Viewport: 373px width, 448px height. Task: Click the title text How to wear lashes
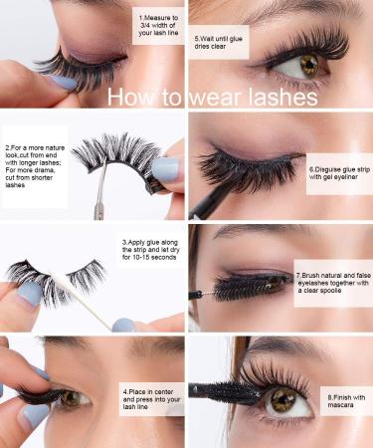(212, 98)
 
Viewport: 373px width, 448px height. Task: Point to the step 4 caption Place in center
(148, 398)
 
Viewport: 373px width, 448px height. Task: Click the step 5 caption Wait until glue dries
(220, 42)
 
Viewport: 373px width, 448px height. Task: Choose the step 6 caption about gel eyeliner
(337, 177)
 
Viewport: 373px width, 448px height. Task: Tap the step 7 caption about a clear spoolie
(332, 282)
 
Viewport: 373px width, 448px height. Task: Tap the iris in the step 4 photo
(72, 399)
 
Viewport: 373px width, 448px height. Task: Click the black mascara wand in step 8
(213, 389)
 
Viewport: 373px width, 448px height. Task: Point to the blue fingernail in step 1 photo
(62, 83)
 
